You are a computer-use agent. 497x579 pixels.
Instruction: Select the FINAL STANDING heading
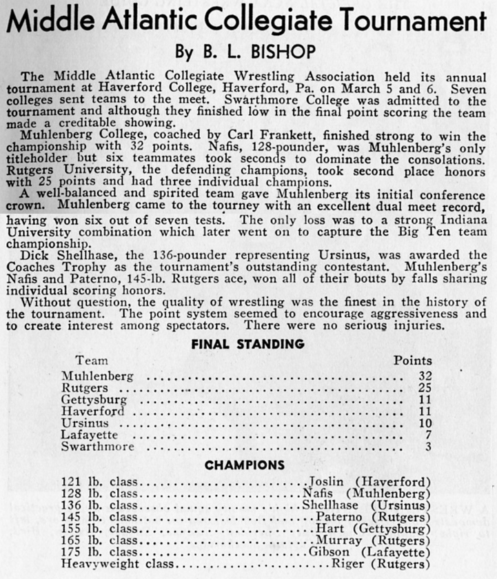pos(247,343)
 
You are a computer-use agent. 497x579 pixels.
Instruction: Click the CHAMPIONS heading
pos(245,465)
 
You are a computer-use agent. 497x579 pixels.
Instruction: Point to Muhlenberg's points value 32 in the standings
pos(425,376)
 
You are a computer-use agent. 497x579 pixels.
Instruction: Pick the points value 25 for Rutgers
pos(425,388)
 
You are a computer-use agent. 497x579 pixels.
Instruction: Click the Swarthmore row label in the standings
pos(94,447)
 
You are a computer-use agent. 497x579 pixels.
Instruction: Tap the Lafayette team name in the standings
pos(90,435)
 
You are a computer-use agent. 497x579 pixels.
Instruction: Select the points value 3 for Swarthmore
pos(428,447)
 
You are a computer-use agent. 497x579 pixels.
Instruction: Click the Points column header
pos(413,360)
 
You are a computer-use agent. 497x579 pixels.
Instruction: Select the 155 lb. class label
pos(100,529)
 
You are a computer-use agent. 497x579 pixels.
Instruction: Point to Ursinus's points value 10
pos(425,423)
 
